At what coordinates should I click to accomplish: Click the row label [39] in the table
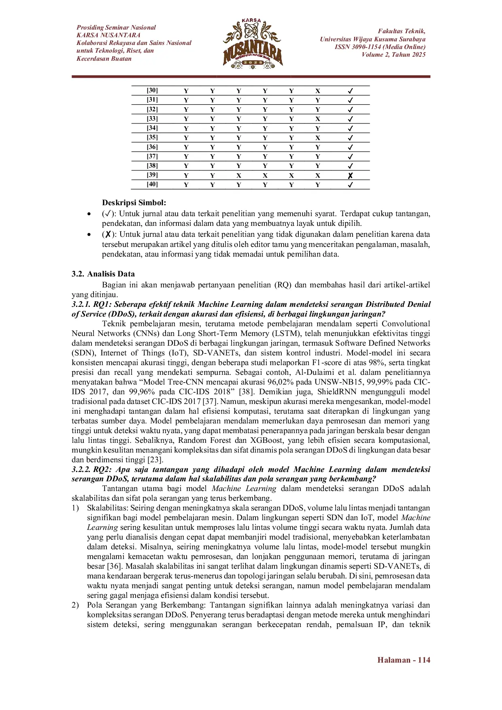tap(152, 175)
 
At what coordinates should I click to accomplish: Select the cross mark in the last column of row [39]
tap(350, 176)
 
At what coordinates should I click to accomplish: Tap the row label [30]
tap(152, 91)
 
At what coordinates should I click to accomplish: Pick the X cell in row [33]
tap(318, 119)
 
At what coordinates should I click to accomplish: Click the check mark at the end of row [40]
tap(350, 185)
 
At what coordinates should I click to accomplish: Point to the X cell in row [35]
tap(318, 138)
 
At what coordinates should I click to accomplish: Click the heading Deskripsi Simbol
tap(134, 203)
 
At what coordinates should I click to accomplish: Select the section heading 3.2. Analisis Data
tap(103, 274)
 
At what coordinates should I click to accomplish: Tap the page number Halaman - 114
tap(404, 660)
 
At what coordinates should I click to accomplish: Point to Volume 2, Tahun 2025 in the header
tap(394, 55)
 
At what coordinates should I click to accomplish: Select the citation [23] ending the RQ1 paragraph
tap(155, 460)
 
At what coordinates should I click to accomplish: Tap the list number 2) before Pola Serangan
tap(75, 605)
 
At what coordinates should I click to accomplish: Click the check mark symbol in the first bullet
tap(108, 214)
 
